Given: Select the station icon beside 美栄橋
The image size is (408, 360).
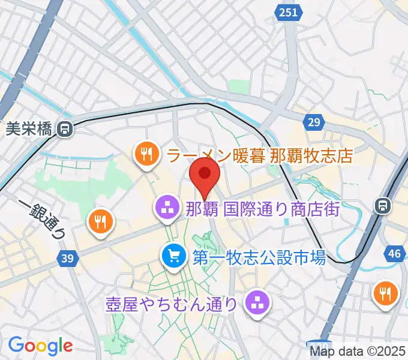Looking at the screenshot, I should (65, 128).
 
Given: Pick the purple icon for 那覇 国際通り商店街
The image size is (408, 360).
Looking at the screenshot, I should (165, 209).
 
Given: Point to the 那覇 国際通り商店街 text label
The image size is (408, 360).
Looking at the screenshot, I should (263, 209).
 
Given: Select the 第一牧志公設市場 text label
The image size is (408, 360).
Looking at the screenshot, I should (259, 258).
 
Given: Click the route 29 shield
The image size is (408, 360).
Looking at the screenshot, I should (313, 122).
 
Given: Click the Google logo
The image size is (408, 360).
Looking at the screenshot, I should (40, 345).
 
